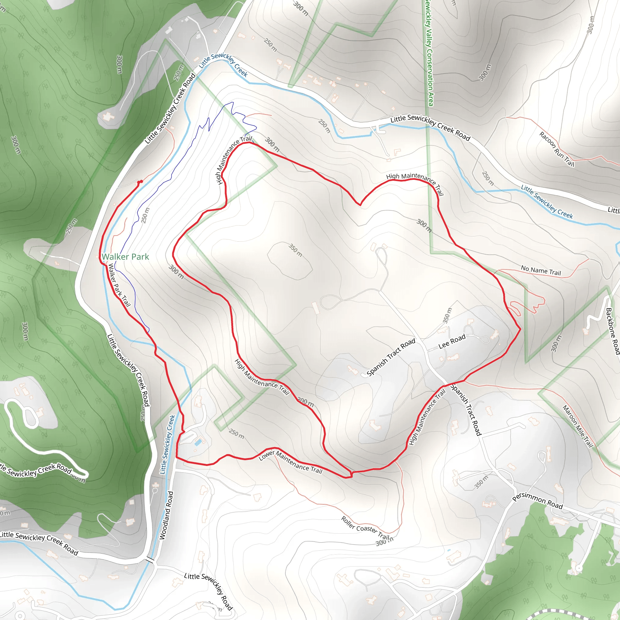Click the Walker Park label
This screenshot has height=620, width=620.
pos(125,257)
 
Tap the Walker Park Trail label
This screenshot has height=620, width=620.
pos(119,285)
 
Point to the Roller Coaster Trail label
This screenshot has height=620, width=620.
pos(365,528)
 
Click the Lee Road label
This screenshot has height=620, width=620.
pos(452,341)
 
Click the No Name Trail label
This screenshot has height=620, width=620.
pos(541,270)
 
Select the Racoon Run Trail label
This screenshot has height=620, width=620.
pos(556,149)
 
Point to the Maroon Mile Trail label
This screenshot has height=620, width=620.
pos(578,426)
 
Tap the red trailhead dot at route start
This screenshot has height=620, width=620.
pos(140,182)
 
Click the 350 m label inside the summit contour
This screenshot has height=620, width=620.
pos(295,250)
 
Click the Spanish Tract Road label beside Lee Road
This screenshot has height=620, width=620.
pos(391,357)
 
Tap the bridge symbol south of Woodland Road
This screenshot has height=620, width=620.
pos(150,560)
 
